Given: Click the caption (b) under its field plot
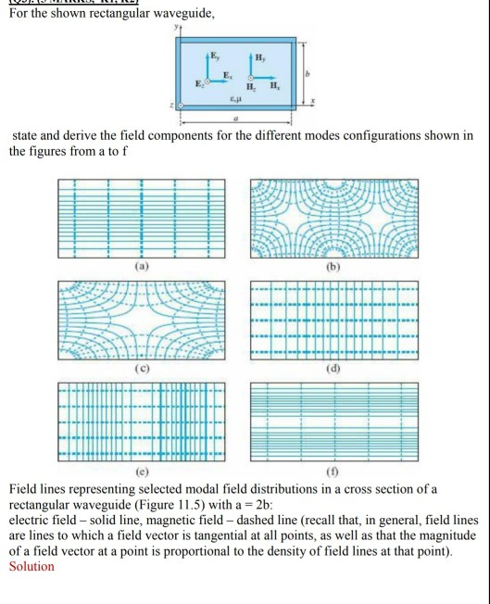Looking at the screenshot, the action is [x=333, y=266].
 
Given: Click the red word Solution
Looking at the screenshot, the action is [x=31, y=566].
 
